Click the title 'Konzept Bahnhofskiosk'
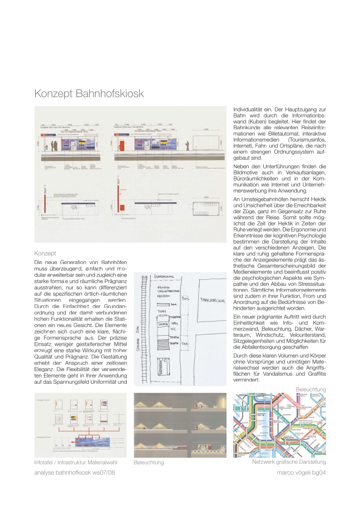[x=89, y=94]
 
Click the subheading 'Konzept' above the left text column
[x=45, y=253]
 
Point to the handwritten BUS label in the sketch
[x=185, y=299]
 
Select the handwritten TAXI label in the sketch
[x=185, y=344]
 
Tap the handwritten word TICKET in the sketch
[x=162, y=312]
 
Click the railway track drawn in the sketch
[x=145, y=331]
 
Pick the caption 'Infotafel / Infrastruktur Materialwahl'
[x=76, y=462]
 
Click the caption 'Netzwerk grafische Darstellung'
[x=289, y=462]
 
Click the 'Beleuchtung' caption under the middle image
[x=148, y=463]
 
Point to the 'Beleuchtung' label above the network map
[x=311, y=389]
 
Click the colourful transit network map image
[x=279, y=425]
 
